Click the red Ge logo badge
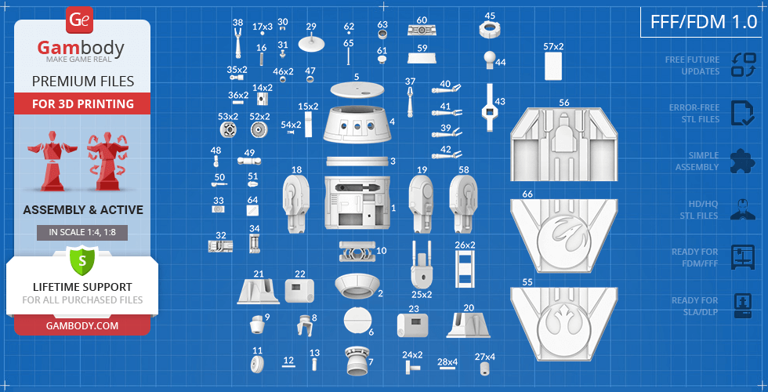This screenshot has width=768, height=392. coord(79,20)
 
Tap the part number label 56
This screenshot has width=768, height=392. coord(564,103)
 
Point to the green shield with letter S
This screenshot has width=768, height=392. coord(82,260)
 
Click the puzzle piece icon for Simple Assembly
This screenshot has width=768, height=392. coord(743,162)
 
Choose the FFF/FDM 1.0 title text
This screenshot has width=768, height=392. coord(704,22)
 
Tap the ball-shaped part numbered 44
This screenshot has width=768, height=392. coord(491,60)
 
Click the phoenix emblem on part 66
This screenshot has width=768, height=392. coord(563,235)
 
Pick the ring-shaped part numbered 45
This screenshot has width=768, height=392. coord(489,30)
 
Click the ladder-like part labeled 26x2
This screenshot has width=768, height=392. coord(465,268)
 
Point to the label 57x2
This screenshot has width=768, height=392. coord(553,46)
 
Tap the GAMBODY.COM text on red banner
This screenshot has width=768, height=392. coord(82,325)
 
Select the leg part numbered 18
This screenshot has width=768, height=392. coord(296,204)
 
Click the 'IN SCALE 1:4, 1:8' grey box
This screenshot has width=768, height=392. coord(82,232)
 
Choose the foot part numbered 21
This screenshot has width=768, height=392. coord(258,291)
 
